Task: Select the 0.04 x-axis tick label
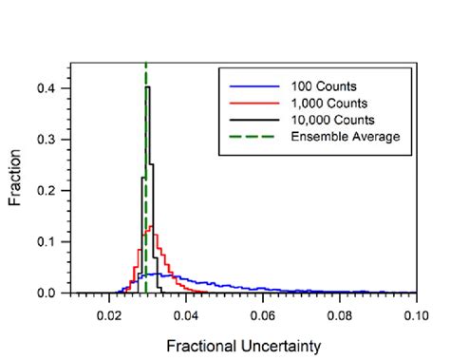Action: pyautogui.click(x=186, y=310)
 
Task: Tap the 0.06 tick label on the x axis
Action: pyautogui.click(x=263, y=310)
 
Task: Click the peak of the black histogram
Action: pyautogui.click(x=147, y=88)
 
